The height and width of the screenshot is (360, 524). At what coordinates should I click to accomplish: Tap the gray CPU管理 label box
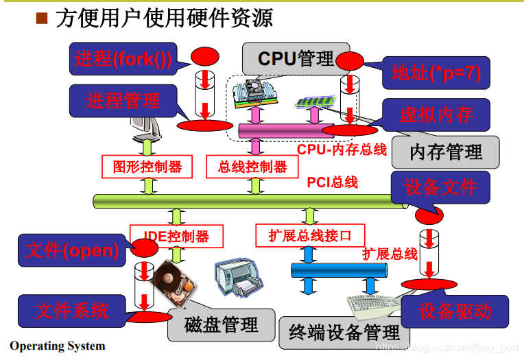[x=295, y=59]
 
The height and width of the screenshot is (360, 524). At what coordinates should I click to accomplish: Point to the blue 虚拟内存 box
[x=436, y=115]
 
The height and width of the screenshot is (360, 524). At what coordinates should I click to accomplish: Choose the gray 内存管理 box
[x=446, y=152]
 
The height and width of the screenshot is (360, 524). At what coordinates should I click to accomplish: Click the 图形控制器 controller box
[x=147, y=167]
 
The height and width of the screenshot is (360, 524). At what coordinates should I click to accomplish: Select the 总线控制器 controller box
[x=252, y=167]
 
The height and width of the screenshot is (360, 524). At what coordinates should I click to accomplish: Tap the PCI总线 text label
[x=333, y=182]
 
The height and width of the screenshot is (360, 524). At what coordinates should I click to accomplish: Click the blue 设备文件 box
[x=440, y=187]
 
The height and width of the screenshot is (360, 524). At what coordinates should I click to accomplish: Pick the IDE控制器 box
[x=177, y=237]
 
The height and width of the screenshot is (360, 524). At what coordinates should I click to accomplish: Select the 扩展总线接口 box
[x=309, y=236]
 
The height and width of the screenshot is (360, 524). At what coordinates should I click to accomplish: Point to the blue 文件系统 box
[x=72, y=311]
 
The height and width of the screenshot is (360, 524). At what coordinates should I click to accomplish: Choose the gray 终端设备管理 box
[x=344, y=333]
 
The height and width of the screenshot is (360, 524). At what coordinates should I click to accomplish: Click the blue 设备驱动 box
[x=455, y=311]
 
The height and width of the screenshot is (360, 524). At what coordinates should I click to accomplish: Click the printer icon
[x=237, y=278]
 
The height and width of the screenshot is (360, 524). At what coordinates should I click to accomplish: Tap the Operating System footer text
[x=58, y=346]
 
